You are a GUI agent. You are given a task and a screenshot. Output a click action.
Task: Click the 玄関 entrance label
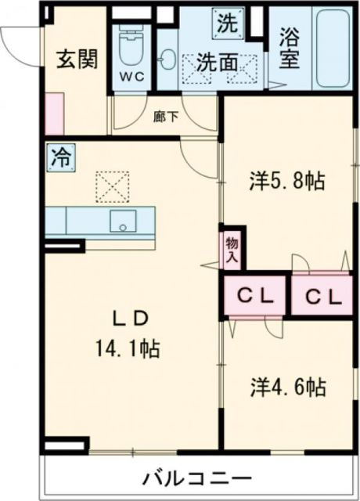[77, 59]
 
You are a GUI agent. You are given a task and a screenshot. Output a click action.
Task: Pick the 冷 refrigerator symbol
[59, 157]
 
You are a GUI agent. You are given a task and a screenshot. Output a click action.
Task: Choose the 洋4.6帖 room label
[287, 386]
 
